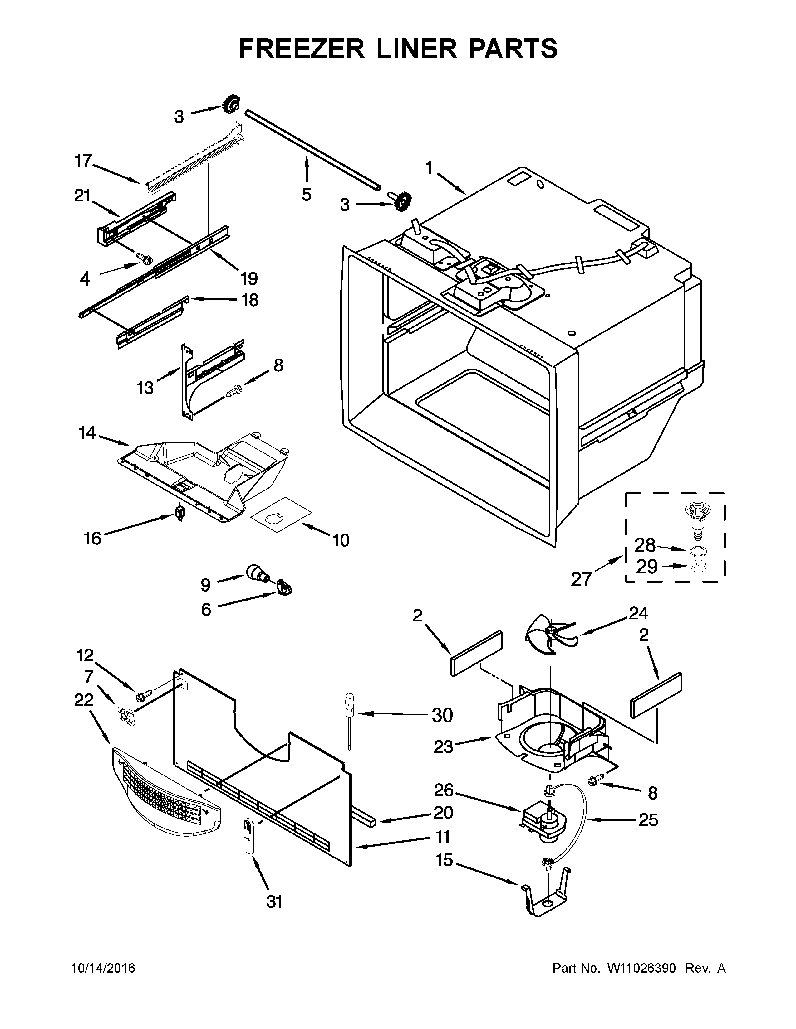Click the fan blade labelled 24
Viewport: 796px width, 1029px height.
(x=550, y=635)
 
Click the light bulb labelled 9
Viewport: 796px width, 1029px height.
(x=256, y=573)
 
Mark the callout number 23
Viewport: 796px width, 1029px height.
(x=443, y=746)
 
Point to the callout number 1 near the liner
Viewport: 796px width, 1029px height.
(x=429, y=168)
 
